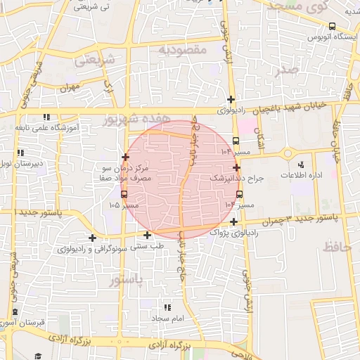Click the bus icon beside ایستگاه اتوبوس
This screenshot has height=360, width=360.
[x=341, y=35]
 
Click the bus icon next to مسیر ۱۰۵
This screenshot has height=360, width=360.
[x=124, y=194]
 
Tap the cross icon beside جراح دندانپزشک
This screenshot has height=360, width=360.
[x=237, y=167]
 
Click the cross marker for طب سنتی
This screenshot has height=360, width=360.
[x=147, y=235]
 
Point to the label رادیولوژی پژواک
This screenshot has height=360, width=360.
[x=229, y=232]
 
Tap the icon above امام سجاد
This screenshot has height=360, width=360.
[x=167, y=307]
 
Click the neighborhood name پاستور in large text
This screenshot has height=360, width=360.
[x=127, y=281]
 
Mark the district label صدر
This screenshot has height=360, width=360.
[x=288, y=70]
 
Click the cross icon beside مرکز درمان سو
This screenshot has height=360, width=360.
[x=126, y=157]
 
